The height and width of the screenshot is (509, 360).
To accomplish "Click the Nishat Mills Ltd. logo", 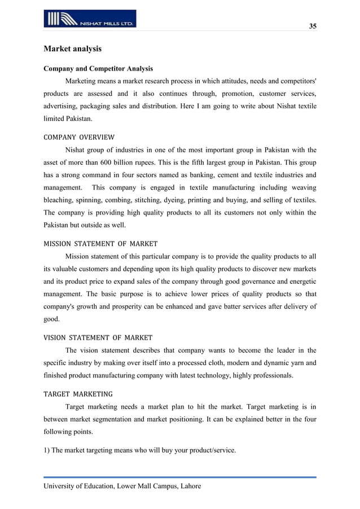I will point(90,19).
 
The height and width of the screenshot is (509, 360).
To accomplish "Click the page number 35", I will point(313,27).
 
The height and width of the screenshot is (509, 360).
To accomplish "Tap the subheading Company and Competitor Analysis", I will point(98,69).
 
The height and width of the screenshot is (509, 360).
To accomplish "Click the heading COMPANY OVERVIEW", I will point(79,137).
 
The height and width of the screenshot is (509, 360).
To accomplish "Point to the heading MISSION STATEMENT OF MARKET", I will point(100,244).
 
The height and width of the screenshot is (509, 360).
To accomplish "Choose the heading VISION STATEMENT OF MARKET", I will point(98,338).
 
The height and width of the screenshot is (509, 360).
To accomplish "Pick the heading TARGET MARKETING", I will point(78,393).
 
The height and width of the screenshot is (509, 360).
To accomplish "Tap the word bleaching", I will point(60,200).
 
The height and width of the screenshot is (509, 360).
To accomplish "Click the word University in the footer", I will point(63,486).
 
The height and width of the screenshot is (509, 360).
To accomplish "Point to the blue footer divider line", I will point(180,477).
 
